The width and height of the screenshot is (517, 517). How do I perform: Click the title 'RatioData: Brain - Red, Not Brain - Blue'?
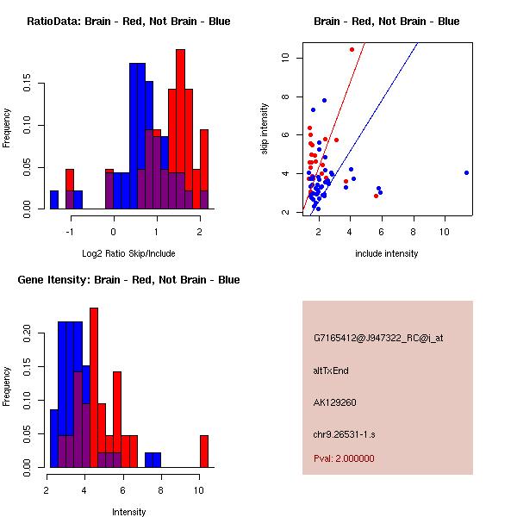pyautogui.click(x=128, y=21)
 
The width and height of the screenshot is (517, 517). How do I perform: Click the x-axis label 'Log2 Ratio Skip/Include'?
pyautogui.click(x=128, y=253)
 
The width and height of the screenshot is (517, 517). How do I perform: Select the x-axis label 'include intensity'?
pyautogui.click(x=387, y=253)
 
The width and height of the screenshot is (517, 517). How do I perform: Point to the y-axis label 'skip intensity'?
pyautogui.click(x=265, y=129)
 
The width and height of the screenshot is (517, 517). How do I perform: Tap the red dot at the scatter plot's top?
pyautogui.click(x=352, y=50)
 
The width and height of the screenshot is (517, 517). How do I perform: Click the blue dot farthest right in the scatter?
pyautogui.click(x=466, y=172)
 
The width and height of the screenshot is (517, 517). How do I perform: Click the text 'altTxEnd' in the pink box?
pyautogui.click(x=331, y=371)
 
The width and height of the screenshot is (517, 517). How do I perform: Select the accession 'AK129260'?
pyautogui.click(x=335, y=402)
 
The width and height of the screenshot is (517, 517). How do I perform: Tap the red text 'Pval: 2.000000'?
pyautogui.click(x=344, y=458)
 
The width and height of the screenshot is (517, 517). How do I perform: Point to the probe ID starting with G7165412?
pyautogui.click(x=378, y=339)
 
